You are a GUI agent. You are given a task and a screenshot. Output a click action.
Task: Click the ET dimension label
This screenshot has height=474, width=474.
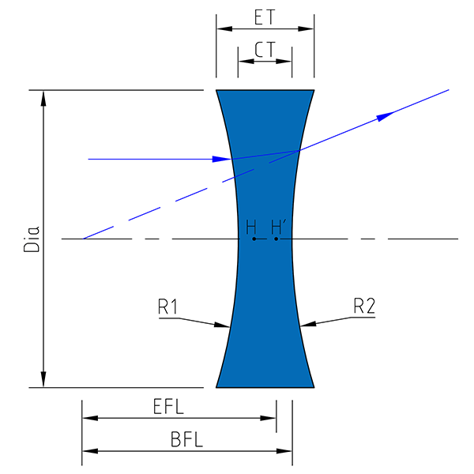[x=265, y=17]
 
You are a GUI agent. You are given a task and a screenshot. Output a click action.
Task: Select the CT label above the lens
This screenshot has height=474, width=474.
[x=265, y=50]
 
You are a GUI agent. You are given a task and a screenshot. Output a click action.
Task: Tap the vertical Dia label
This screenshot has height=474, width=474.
[x=32, y=239]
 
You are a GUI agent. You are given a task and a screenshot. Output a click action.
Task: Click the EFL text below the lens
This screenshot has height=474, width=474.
[x=168, y=406]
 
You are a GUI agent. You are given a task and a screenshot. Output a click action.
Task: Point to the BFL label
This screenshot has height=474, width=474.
[x=186, y=439]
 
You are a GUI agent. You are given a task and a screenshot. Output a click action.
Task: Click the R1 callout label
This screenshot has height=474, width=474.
[x=168, y=307]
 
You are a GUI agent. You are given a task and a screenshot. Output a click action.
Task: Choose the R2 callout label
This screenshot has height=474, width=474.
[x=364, y=306]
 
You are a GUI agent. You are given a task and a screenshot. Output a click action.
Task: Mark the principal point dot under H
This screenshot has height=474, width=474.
[x=254, y=239]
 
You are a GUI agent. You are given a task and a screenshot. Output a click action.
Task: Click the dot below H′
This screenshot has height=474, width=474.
[x=276, y=239]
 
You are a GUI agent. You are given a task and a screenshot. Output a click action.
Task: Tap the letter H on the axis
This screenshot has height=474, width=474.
[x=251, y=228]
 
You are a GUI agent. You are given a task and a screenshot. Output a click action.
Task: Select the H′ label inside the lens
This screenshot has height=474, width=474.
[x=277, y=228]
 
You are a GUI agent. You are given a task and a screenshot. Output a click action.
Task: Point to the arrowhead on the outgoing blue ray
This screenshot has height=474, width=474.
[x=386, y=116]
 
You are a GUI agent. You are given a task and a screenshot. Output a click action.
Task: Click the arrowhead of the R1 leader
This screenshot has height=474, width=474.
[x=222, y=325]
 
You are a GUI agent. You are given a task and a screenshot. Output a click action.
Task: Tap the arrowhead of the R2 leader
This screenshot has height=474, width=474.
[x=308, y=324]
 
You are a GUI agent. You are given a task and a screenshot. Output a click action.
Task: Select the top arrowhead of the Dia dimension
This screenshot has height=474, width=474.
[x=43, y=99]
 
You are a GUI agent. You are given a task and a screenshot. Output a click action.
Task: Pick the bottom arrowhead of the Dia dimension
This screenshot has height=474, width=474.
[x=43, y=379]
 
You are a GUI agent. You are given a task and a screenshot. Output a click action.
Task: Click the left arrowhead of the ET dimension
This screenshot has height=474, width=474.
[x=224, y=29]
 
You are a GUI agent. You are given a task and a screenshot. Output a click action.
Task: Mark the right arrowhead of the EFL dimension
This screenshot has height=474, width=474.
[x=268, y=419]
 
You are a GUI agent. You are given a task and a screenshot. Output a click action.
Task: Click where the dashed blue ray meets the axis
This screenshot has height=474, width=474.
[x=84, y=239]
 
